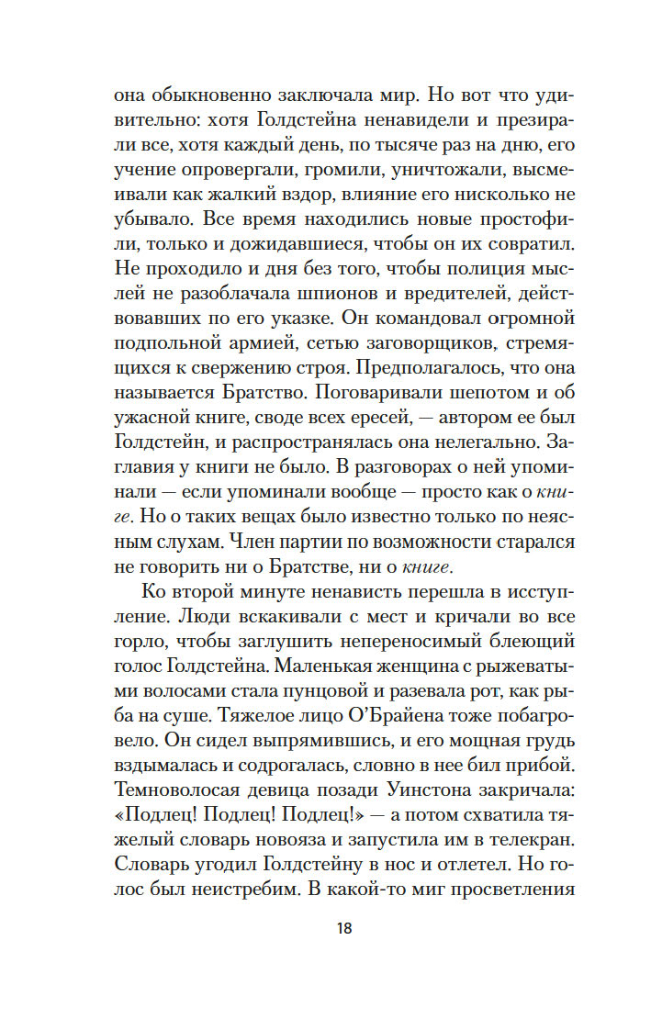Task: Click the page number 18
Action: pyautogui.click(x=343, y=927)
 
